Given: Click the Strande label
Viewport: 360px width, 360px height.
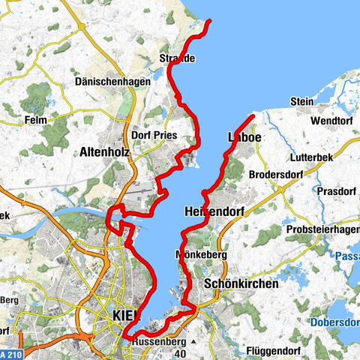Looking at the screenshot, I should (x=178, y=58).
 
